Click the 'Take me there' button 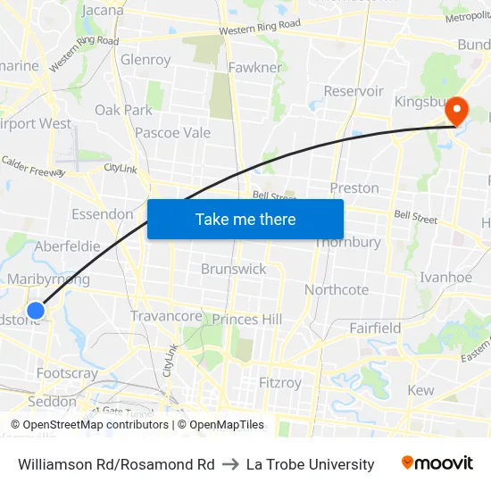tap(245, 219)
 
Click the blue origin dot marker tap(36, 310)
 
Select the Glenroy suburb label tap(146, 60)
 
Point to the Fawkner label tap(255, 67)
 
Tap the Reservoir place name tap(354, 91)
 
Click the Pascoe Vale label tap(172, 133)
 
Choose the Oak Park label tap(124, 110)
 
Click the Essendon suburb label tap(103, 214)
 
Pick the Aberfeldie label tap(68, 246)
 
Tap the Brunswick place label tap(233, 269)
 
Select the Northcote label tap(337, 289)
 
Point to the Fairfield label tap(375, 328)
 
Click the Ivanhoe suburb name tap(445, 278)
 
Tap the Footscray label tap(67, 373)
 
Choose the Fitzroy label tap(279, 383)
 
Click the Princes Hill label tap(246, 320)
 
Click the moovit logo tap(437, 463)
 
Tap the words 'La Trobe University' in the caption tap(311, 464)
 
